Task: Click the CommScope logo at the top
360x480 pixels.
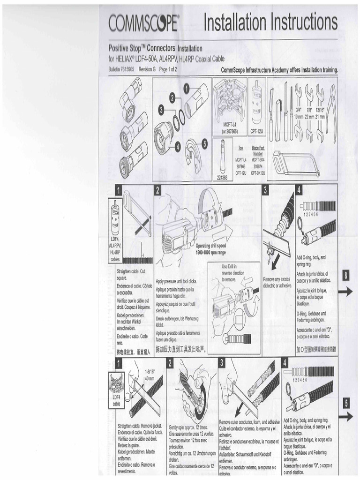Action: (143, 23)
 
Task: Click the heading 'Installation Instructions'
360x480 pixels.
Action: (270, 22)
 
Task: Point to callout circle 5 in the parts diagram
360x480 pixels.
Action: (204, 144)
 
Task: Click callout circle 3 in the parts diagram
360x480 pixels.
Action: (161, 109)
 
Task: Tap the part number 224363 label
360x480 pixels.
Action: (222, 178)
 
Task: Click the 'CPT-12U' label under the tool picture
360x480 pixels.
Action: (256, 132)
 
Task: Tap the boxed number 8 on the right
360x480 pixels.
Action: (345, 276)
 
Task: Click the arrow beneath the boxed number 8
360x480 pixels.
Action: (345, 292)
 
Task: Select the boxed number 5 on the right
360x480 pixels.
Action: (346, 402)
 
